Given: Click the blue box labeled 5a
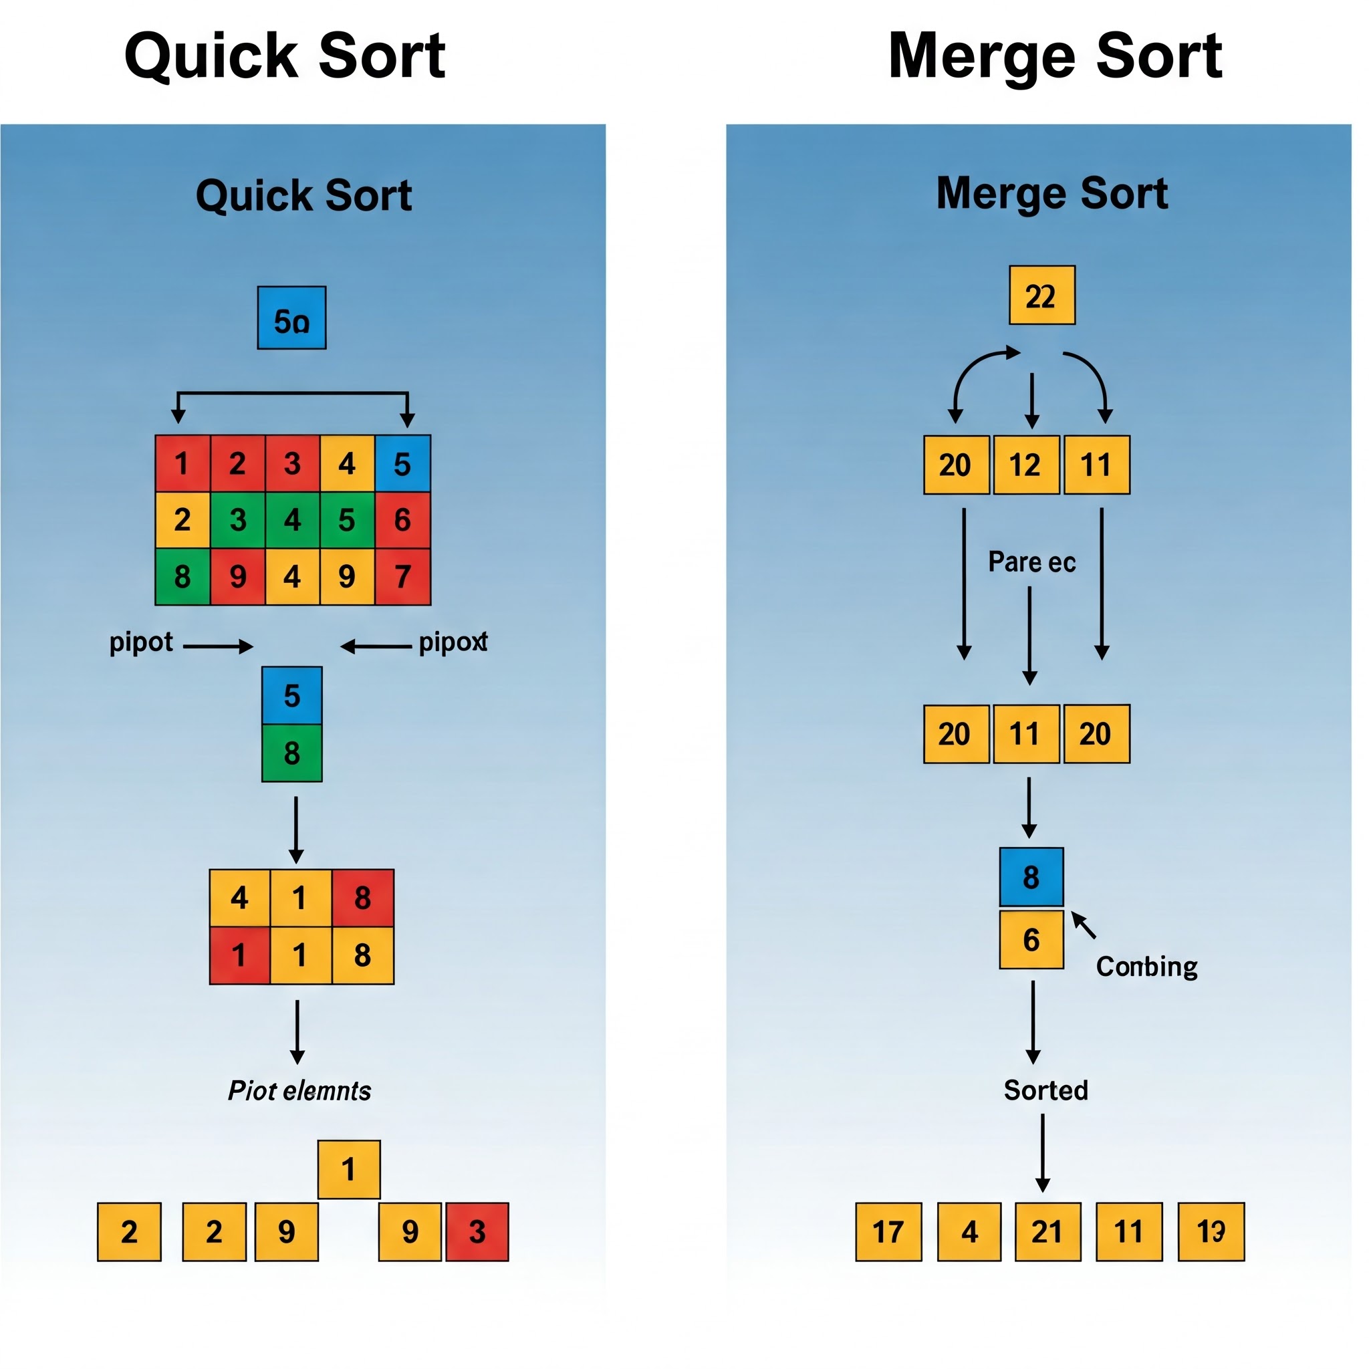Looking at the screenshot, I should point(291,318).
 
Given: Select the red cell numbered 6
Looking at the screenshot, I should point(402,519).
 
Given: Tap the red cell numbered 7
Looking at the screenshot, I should point(402,576).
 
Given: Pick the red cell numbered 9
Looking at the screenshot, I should point(237,576).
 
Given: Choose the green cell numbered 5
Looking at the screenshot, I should point(346,519).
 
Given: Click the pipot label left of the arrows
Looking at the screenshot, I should point(141,642).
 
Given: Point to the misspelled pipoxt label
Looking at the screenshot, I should point(453,642).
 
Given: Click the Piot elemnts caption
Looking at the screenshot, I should point(299,1090).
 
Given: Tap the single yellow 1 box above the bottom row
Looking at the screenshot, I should point(349,1169).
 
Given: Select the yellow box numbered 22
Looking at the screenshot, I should point(1041,295).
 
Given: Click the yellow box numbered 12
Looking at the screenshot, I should point(1026,465).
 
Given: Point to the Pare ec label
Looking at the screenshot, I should point(1031,562).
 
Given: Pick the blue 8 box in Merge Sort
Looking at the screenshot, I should point(1031,876).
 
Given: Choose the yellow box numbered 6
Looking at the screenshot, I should point(1031,940).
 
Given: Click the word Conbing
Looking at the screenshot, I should point(1146,967).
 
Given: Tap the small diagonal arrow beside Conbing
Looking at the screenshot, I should point(1084,924).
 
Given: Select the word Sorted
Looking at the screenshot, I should point(1046,1090).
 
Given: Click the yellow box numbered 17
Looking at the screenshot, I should point(888,1231).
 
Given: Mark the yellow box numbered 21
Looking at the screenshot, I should point(1047,1231).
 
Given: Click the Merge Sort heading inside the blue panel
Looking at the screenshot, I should point(1051,193).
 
